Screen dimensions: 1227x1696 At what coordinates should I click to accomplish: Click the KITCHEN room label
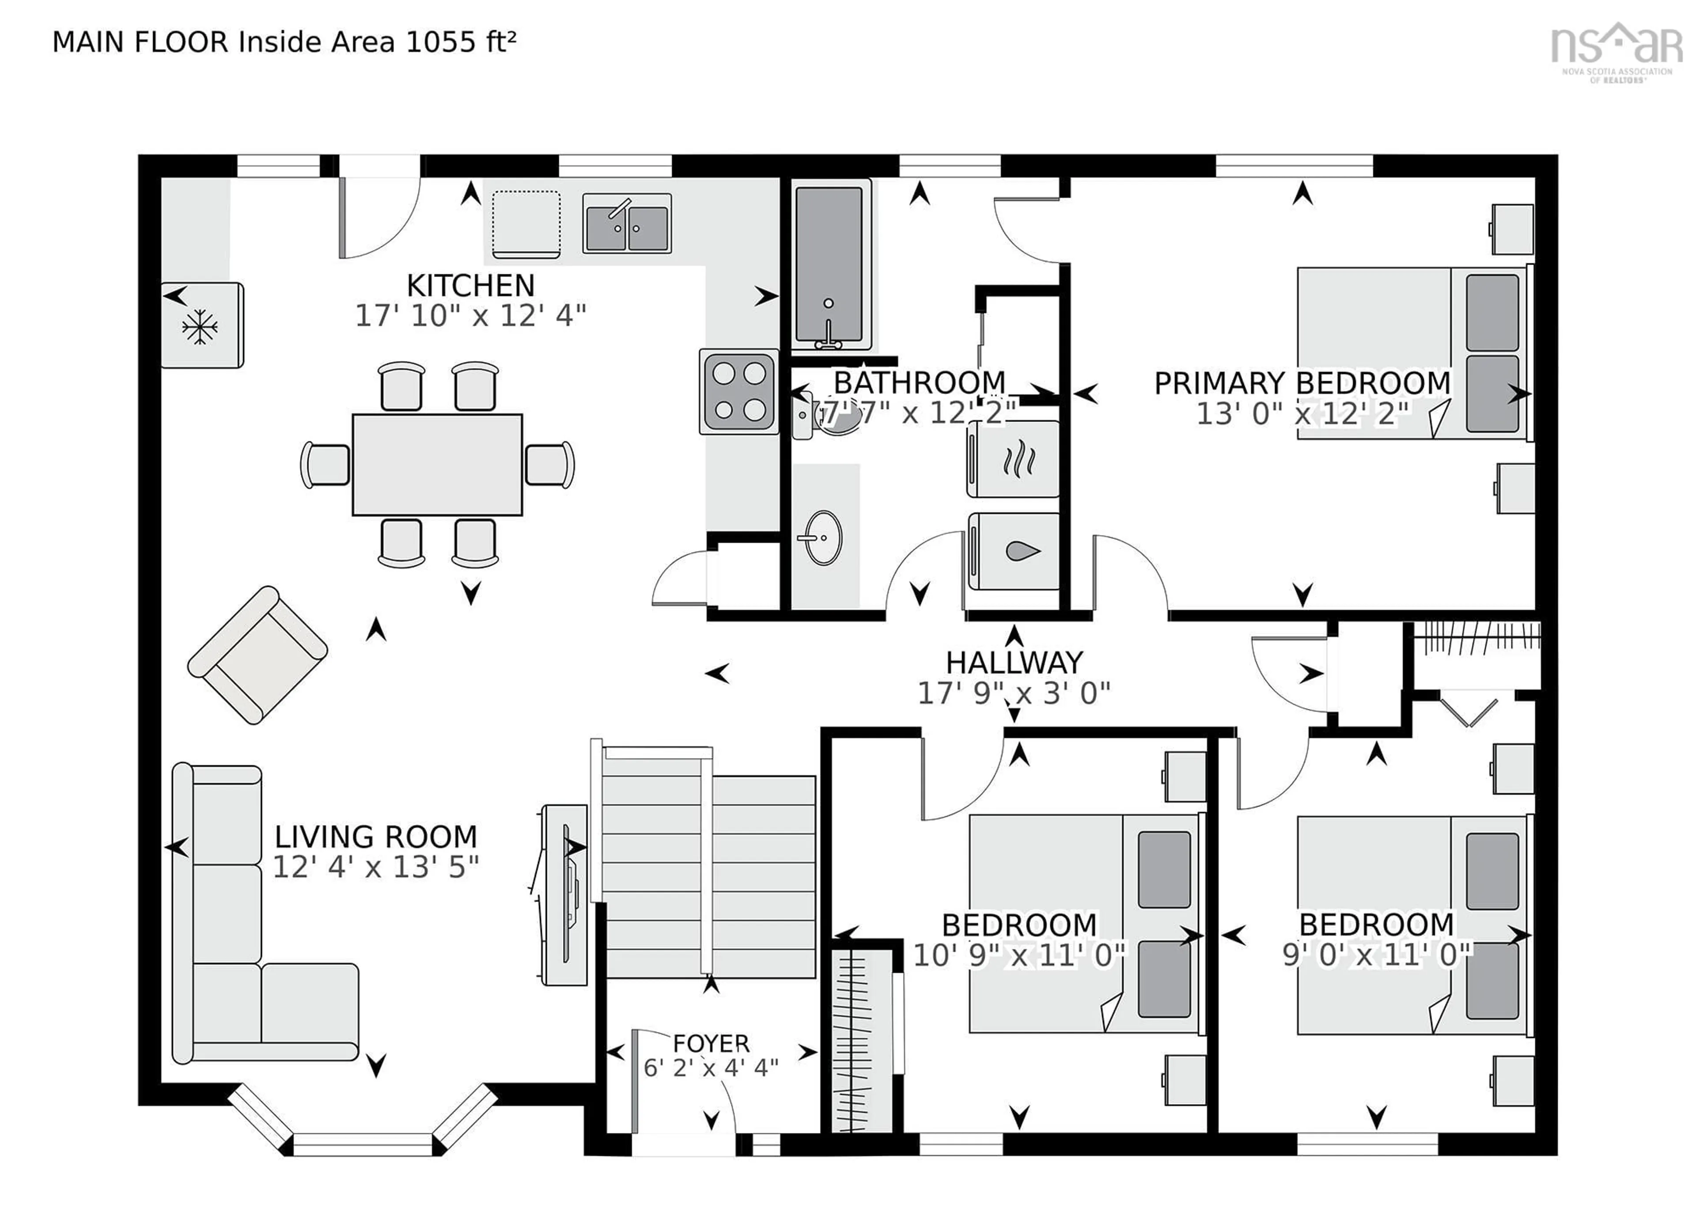tap(470, 286)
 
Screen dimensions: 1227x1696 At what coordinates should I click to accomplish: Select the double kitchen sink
tap(627, 223)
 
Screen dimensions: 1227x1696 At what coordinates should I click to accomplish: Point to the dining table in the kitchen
tap(437, 464)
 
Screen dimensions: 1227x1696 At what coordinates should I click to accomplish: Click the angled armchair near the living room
tap(257, 655)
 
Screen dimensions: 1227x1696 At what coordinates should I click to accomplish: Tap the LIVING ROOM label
tap(375, 837)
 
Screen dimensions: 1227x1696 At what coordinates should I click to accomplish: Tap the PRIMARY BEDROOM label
tap(1302, 383)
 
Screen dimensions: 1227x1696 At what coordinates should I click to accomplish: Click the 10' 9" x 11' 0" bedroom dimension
tap(1018, 955)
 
